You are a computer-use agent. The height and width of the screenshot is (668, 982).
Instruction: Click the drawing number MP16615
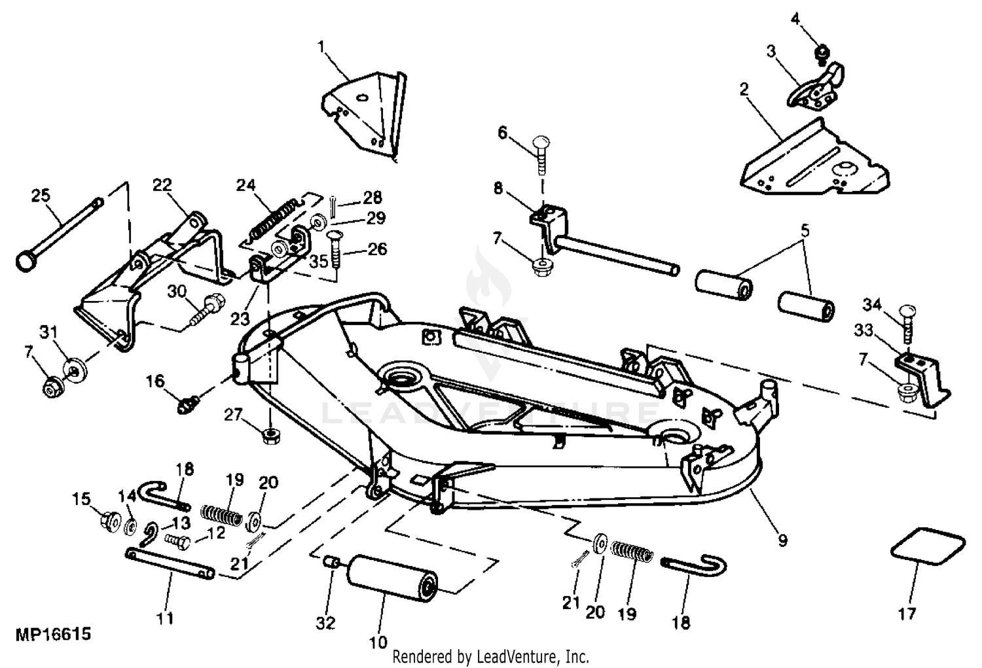coord(54,634)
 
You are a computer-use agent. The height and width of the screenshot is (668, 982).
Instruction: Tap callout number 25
coord(41,196)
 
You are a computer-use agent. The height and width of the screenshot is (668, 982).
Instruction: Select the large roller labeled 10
coord(392,578)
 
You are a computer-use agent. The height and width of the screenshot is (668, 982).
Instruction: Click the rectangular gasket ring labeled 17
coord(928,547)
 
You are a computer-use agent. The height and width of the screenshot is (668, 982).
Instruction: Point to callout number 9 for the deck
coord(782,540)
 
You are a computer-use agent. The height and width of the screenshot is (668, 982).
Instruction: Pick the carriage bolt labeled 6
coord(542,156)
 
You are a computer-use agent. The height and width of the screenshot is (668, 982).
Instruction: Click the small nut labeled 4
coord(822,54)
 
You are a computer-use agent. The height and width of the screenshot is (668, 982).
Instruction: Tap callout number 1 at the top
coord(322,46)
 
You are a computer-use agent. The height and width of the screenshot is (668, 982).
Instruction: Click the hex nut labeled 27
coord(272,436)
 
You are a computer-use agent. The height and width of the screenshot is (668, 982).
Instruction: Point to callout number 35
coord(319,262)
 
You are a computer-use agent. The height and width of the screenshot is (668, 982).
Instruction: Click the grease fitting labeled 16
coord(189,404)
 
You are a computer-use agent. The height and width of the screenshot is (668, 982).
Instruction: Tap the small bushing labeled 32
coord(330,561)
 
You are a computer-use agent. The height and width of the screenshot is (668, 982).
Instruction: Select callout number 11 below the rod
coord(165,618)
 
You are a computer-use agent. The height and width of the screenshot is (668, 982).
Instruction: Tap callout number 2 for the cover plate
coord(744,90)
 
